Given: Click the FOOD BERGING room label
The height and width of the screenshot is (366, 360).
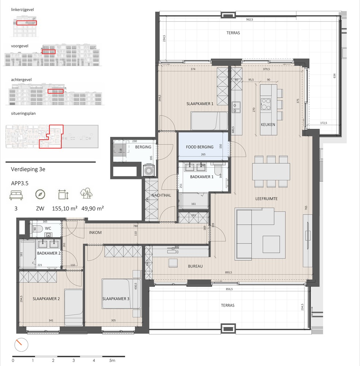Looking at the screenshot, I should coord(200,147).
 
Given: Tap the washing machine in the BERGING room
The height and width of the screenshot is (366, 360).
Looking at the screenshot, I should coord(149,171).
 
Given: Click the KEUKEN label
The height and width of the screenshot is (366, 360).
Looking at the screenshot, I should coord(268,124).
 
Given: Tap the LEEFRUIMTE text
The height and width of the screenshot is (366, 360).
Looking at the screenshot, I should coord(267,198).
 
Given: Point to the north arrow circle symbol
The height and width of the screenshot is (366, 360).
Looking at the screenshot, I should coord(20,344).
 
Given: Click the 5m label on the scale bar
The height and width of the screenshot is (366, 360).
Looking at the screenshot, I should coord(112,361).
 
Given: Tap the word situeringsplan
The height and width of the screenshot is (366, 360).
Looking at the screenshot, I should coord(23,113).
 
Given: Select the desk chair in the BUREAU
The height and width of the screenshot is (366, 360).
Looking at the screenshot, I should coord(172,263).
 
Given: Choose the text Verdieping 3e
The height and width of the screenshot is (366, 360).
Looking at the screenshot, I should coord(28,169).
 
